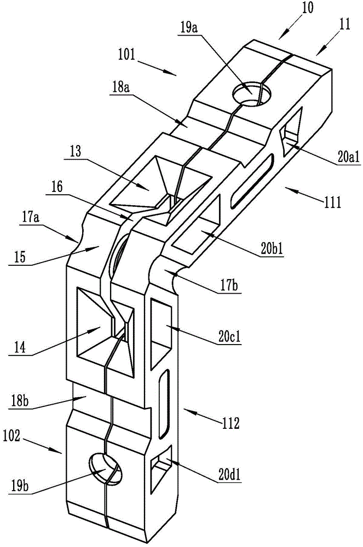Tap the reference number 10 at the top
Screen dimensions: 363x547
pos(308,8)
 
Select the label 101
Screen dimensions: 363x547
pos(126,55)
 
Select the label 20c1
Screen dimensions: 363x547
pos(229,337)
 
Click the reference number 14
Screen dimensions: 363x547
pos(20,348)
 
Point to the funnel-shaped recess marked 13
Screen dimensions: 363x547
pos(160,187)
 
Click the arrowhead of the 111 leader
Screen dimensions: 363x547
pos(286,189)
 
